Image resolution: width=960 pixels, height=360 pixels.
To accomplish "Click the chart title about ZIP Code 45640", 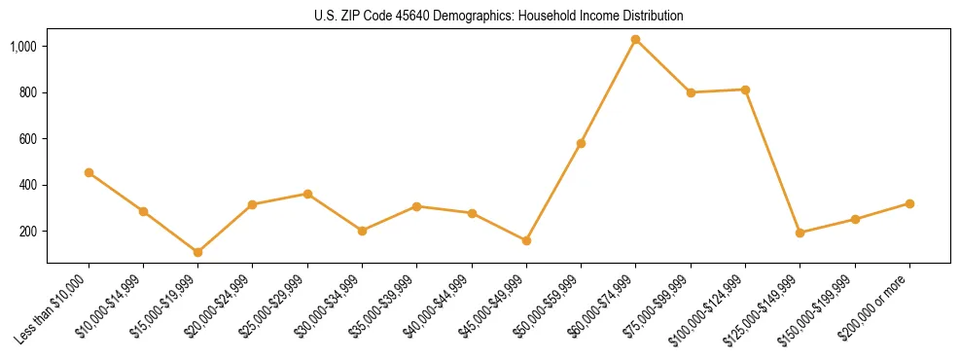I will pyautogui.click(x=498, y=16).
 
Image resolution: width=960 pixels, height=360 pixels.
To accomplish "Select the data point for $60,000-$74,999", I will pyautogui.click(x=635, y=40).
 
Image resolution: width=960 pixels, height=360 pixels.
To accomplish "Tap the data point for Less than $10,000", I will pyautogui.click(x=89, y=173).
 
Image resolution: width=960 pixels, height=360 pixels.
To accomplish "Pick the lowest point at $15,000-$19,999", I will pyautogui.click(x=197, y=252).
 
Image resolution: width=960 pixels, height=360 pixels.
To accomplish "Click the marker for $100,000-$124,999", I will pyautogui.click(x=745, y=90).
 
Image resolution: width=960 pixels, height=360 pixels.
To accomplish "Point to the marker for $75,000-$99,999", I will pyautogui.click(x=691, y=92).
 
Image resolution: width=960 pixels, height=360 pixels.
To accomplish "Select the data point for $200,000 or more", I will pyautogui.click(x=909, y=203).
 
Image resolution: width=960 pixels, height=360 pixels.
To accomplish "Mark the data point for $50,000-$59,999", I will pyautogui.click(x=581, y=143).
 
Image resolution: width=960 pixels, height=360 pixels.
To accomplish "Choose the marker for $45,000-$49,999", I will pyautogui.click(x=526, y=240).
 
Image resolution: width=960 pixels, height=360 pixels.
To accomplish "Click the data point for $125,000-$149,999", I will pyautogui.click(x=800, y=233).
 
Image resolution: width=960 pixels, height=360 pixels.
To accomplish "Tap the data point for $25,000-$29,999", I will pyautogui.click(x=307, y=194).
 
